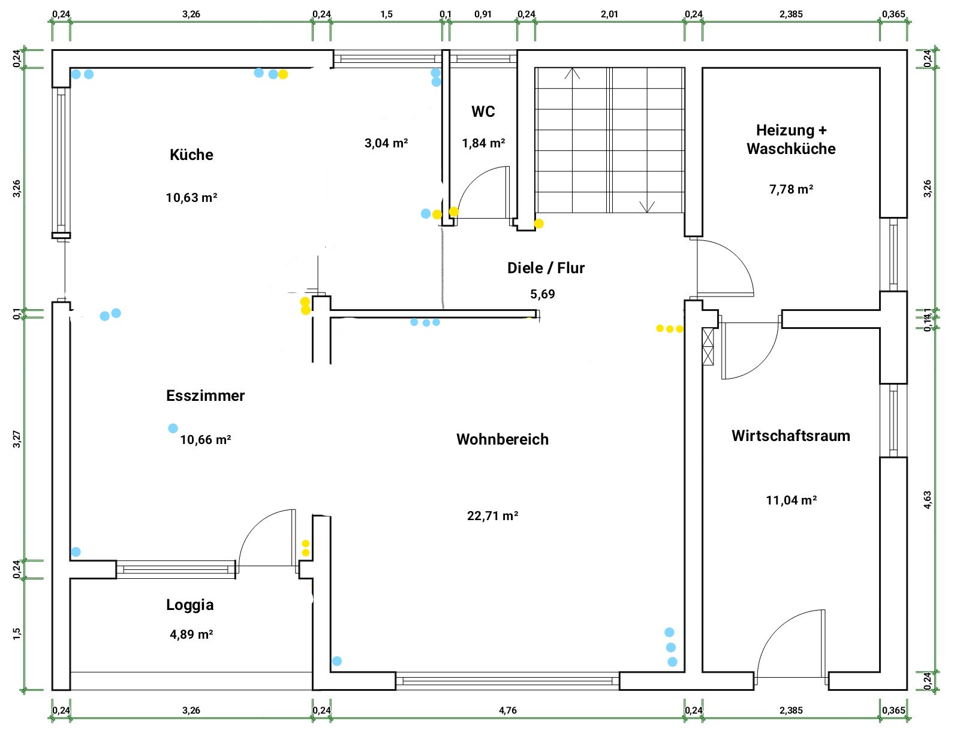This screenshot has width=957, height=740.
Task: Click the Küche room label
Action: (191, 155)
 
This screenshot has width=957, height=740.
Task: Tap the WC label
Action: (483, 111)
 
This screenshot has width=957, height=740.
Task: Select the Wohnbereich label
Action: (502, 439)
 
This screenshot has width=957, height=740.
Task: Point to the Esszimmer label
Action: (205, 395)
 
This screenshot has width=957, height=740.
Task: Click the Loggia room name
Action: (190, 605)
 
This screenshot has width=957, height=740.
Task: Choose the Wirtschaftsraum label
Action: (791, 436)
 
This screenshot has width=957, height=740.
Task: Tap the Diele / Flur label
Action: (546, 268)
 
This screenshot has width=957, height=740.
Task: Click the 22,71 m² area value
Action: (492, 515)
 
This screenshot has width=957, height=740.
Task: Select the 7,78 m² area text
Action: (791, 189)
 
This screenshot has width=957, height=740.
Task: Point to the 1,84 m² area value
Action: (483, 143)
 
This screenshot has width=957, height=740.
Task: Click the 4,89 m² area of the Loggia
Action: (191, 635)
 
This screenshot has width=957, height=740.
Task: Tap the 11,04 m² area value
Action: (792, 500)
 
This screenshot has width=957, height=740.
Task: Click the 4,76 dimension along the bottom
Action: (508, 711)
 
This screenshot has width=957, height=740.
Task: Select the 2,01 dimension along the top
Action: (610, 14)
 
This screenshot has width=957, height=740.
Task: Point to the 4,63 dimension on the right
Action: (928, 500)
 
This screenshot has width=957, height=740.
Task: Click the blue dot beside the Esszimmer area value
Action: (173, 428)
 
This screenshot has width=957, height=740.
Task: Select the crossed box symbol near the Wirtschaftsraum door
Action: (708, 347)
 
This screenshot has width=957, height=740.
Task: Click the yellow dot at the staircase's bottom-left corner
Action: (538, 223)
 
